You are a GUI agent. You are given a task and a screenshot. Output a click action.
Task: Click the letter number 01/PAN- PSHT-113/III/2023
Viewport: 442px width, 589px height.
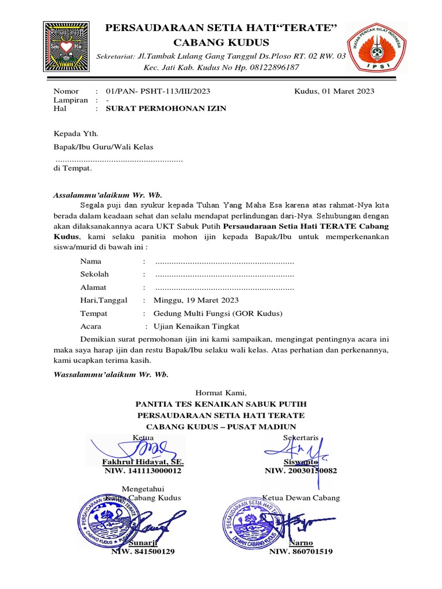pyautogui.click(x=158, y=91)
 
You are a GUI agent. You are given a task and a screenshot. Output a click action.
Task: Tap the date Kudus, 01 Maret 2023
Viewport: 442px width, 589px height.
pyautogui.click(x=334, y=91)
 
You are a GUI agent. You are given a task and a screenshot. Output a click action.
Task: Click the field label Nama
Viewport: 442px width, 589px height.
pyautogui.click(x=91, y=262)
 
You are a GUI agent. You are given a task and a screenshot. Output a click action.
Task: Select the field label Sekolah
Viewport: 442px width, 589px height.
pyautogui.click(x=94, y=274)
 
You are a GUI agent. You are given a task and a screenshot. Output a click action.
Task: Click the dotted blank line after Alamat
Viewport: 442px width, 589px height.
pyautogui.click(x=224, y=288)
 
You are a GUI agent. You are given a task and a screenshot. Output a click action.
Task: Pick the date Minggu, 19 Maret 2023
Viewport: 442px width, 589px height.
pyautogui.click(x=196, y=300)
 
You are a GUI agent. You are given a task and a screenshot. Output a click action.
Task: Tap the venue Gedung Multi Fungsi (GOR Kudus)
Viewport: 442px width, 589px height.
pyautogui.click(x=218, y=313)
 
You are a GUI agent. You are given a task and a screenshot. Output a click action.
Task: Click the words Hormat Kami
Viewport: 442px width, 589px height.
pyautogui.click(x=221, y=393)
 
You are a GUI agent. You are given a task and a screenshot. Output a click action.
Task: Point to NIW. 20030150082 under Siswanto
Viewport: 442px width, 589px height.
pyautogui.click(x=300, y=471)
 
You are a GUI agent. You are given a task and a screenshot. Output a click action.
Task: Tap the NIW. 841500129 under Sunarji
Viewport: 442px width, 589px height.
pyautogui.click(x=143, y=552)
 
